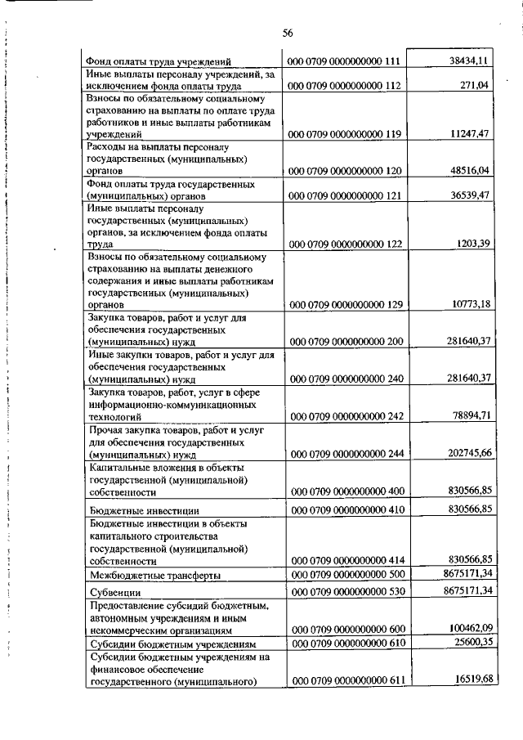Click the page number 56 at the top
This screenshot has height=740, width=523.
287,33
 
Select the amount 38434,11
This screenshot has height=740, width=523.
468,61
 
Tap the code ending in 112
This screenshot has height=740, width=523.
344,84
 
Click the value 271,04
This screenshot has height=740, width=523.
474,84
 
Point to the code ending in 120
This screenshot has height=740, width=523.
344,172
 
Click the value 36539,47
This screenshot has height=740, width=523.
468,196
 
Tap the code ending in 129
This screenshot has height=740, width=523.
344,304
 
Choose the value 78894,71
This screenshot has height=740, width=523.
468,416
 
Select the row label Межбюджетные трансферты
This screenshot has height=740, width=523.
155,576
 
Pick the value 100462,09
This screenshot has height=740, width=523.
466,629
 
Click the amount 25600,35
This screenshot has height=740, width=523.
468,644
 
